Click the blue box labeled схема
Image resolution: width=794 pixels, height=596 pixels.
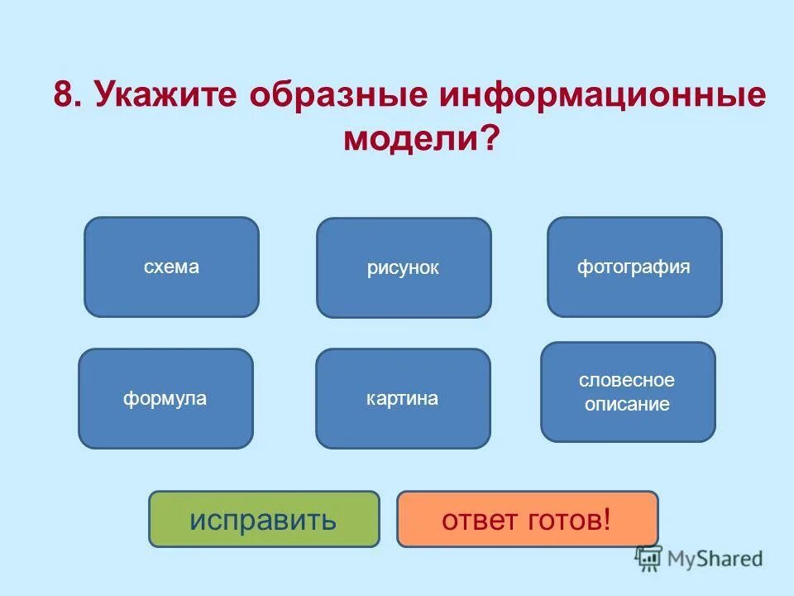(171, 267)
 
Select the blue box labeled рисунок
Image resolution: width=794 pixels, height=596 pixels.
(404, 267)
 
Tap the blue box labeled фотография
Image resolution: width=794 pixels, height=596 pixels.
(634, 267)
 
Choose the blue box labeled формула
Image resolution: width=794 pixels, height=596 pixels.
(165, 398)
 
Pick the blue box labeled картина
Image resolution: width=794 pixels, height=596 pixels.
(403, 398)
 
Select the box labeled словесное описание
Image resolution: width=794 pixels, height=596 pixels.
(628, 392)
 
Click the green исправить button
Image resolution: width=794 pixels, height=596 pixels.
(264, 519)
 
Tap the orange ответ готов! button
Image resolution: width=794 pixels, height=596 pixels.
(527, 519)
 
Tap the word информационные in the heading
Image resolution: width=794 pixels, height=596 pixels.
(603, 95)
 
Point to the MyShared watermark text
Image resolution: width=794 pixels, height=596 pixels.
(716, 559)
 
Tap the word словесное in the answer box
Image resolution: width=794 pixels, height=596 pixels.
(628, 381)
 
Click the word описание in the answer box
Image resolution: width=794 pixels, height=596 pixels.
(628, 405)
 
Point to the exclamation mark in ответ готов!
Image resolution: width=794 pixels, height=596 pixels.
(608, 519)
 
